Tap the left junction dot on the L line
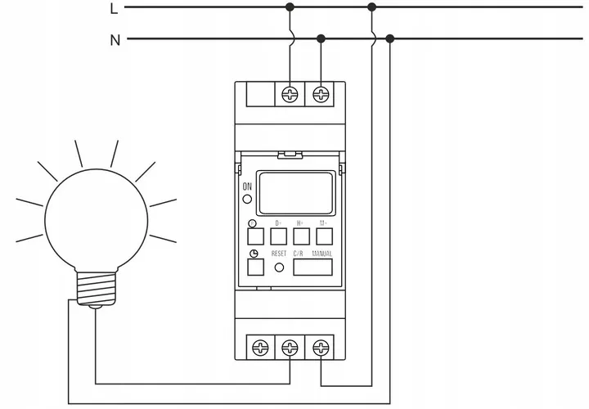[x=290, y=7]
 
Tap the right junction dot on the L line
[x=373, y=7]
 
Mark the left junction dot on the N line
[x=321, y=38]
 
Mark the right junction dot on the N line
[x=389, y=38]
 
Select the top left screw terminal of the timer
[x=290, y=94]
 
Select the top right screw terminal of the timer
[x=321, y=94]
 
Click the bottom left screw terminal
[x=259, y=348]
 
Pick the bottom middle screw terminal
[x=290, y=348]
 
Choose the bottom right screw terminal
[x=321, y=348]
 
